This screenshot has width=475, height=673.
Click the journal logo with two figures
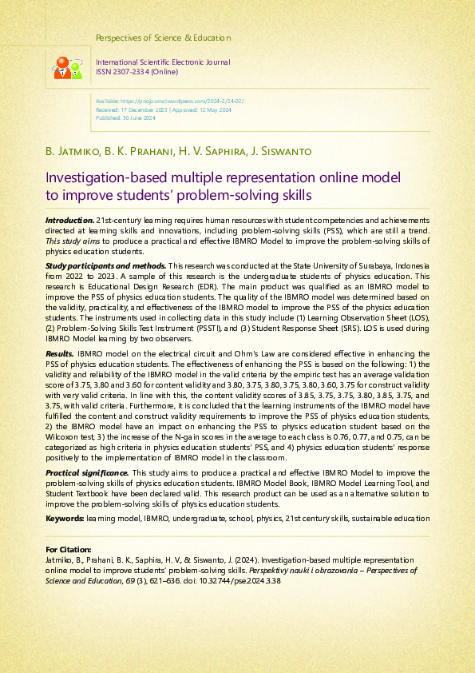(67, 67)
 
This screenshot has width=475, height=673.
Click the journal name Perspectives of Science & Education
(163, 38)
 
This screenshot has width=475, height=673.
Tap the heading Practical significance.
(87, 474)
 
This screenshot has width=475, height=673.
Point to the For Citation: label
(69, 550)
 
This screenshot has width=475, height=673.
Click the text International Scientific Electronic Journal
(163, 62)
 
